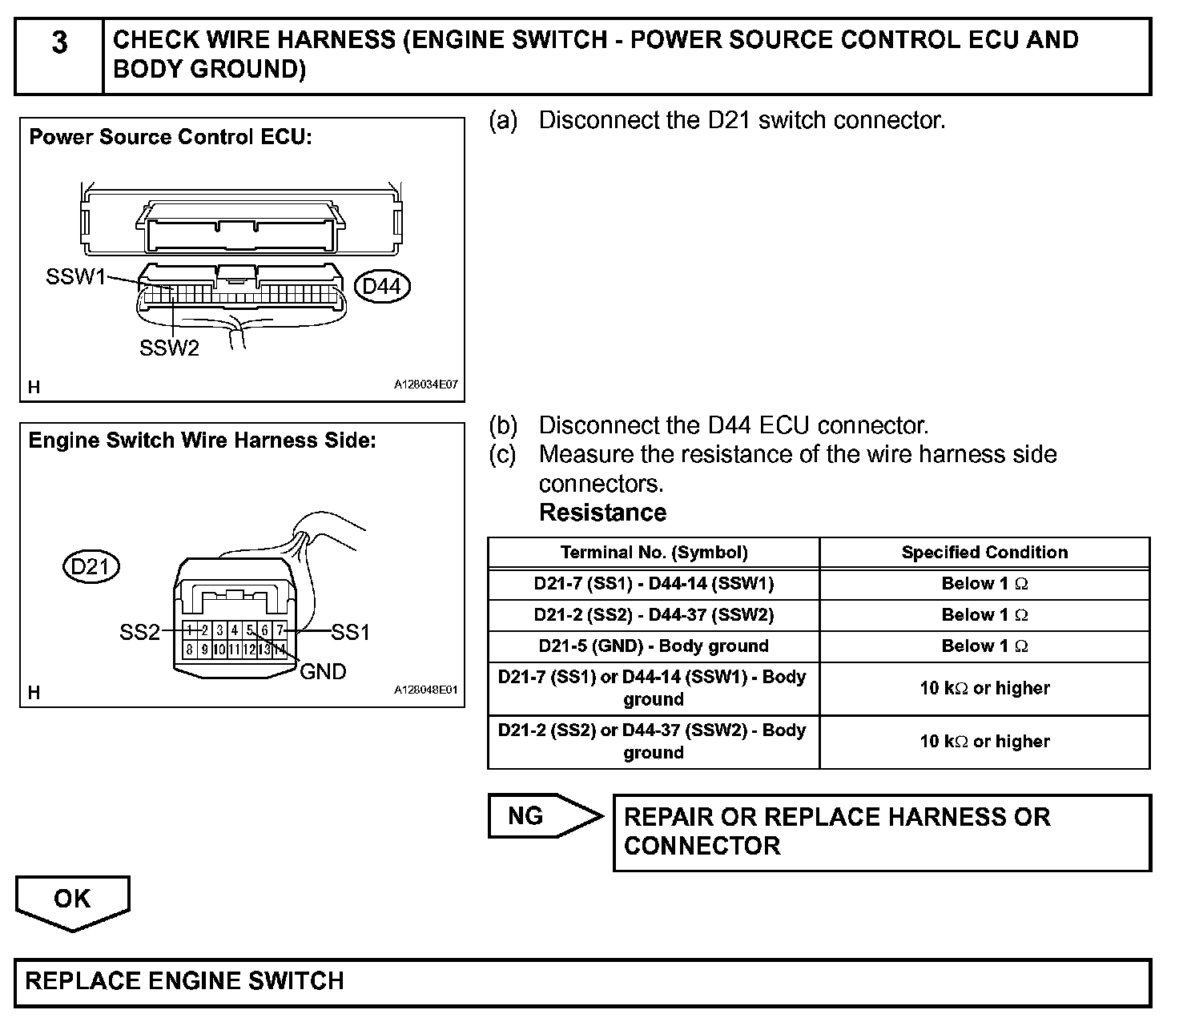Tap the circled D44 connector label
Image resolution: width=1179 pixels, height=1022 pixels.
click(x=382, y=286)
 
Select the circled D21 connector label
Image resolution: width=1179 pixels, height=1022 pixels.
click(x=91, y=567)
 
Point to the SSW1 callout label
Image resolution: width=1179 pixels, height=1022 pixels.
click(x=76, y=277)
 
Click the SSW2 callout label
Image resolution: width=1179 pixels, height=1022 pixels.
click(x=169, y=348)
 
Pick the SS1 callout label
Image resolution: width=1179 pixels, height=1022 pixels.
click(x=350, y=633)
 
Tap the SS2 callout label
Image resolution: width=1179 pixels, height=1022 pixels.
click(x=139, y=633)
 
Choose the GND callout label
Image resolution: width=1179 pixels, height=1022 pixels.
click(x=323, y=671)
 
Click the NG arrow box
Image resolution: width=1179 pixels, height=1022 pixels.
click(x=544, y=816)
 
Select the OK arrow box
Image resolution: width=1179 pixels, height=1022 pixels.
click(x=72, y=900)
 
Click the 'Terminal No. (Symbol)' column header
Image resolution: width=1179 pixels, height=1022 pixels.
click(x=654, y=553)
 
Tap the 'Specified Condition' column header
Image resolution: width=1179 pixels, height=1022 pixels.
click(x=984, y=553)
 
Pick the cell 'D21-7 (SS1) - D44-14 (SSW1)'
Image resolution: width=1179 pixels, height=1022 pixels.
click(x=654, y=584)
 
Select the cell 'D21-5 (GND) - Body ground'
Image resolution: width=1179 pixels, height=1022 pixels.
click(x=654, y=646)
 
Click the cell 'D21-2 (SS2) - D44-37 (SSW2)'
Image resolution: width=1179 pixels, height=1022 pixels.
click(x=654, y=615)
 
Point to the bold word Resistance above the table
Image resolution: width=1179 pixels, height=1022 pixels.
click(x=602, y=513)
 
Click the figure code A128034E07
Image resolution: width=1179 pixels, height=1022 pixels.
click(x=425, y=385)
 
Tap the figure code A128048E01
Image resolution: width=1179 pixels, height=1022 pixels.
click(x=425, y=690)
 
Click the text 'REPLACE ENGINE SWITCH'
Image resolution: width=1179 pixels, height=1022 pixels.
click(x=185, y=981)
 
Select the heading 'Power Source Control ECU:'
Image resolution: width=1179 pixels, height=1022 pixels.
click(x=171, y=137)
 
